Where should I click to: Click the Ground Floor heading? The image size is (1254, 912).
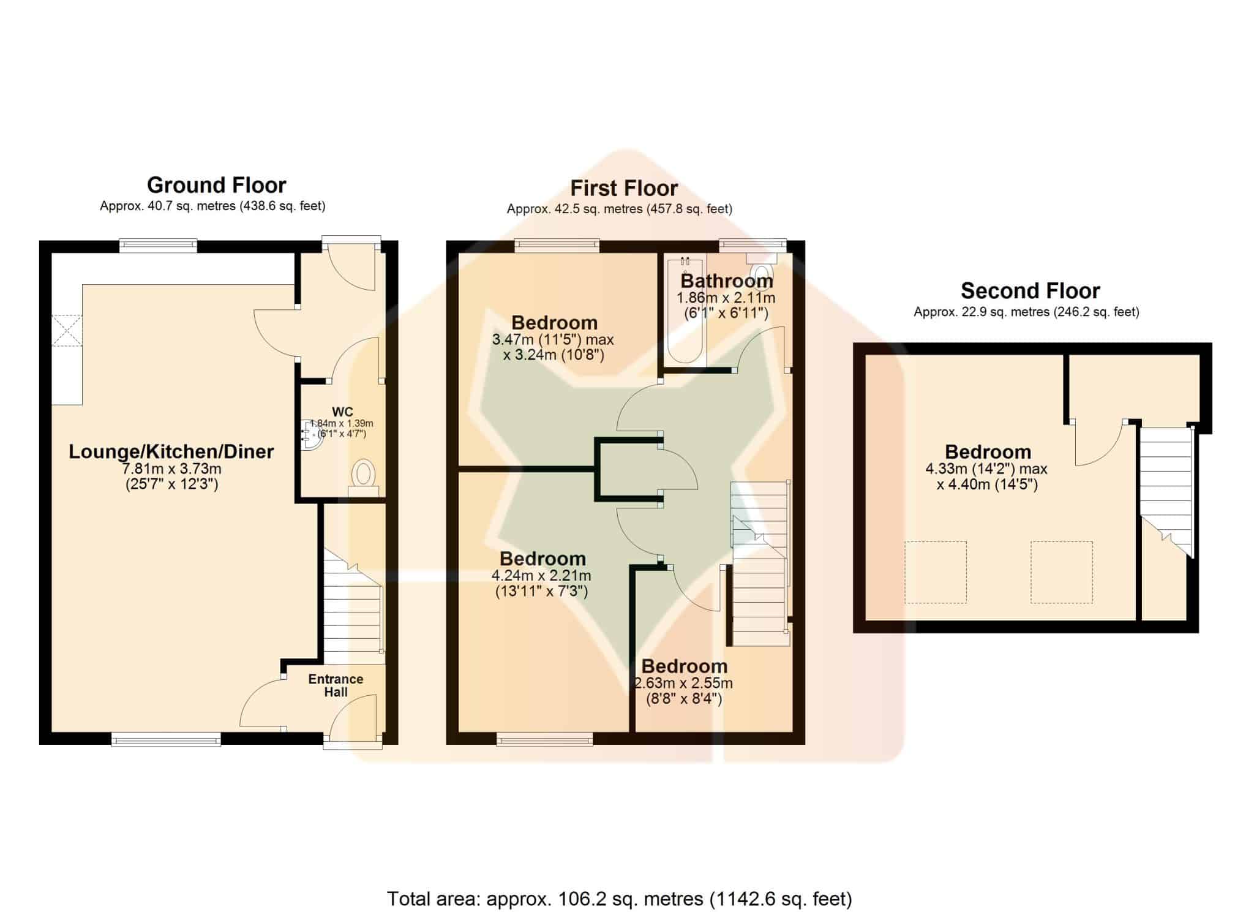(216, 185)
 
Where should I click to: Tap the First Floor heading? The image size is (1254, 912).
(624, 188)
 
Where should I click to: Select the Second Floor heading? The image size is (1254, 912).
(1030, 290)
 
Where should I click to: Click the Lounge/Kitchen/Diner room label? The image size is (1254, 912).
(171, 451)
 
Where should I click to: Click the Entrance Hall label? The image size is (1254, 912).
(336, 685)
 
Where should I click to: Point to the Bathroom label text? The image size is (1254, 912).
(727, 281)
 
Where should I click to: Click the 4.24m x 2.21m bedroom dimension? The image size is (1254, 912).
(541, 576)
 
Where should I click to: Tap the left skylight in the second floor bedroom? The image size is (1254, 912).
(936, 572)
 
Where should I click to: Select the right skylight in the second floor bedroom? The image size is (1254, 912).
(1061, 572)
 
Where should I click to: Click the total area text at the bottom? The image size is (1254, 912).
(619, 899)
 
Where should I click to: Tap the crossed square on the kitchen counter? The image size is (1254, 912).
(66, 331)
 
